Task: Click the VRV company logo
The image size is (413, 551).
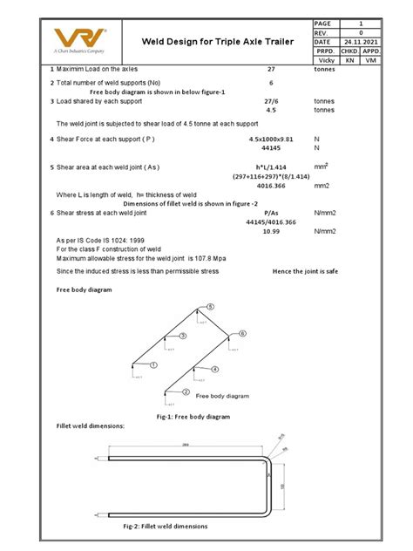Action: click(x=81, y=39)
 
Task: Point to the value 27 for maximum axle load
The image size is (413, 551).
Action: click(x=271, y=69)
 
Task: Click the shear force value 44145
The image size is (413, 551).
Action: click(x=271, y=148)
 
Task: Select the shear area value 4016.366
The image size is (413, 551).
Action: click(x=271, y=186)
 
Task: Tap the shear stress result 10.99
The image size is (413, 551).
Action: click(x=271, y=230)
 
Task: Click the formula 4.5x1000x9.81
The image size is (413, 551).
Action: click(x=271, y=139)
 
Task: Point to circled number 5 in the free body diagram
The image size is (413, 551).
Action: click(x=210, y=307)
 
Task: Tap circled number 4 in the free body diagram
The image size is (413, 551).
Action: click(x=214, y=370)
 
